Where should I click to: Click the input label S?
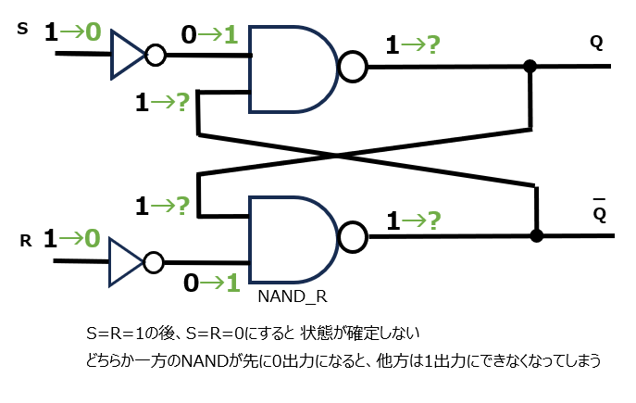pyautogui.click(x=23, y=30)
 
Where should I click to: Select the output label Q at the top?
pyautogui.click(x=596, y=42)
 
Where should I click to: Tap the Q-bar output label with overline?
pyautogui.click(x=599, y=214)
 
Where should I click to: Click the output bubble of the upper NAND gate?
pyautogui.click(x=353, y=67)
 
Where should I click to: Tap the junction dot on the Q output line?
pyautogui.click(x=530, y=67)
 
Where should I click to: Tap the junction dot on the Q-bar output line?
pyautogui.click(x=536, y=236)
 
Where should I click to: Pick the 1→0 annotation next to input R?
pyautogui.click(x=71, y=239)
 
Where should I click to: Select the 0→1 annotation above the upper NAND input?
pyautogui.click(x=210, y=35)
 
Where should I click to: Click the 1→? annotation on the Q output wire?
pyautogui.click(x=412, y=44)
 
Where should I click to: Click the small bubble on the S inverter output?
pyautogui.click(x=156, y=55)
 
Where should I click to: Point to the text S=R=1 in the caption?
pyautogui.click(x=116, y=332)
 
